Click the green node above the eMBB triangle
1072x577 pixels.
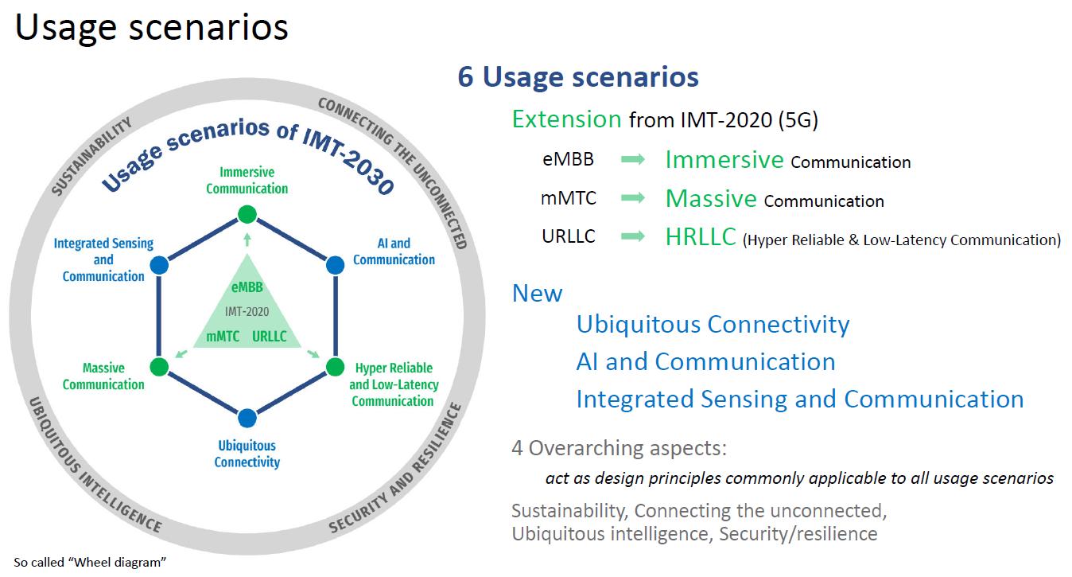click(247, 214)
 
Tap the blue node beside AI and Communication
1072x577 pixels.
click(335, 265)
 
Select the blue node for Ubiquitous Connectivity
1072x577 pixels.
click(247, 418)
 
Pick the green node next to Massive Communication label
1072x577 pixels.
click(159, 367)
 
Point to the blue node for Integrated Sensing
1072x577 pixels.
click(159, 265)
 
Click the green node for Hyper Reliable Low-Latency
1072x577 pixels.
click(335, 367)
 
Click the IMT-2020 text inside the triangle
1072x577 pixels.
click(247, 312)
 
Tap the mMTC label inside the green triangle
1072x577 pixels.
click(223, 336)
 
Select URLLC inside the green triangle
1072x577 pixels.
click(270, 336)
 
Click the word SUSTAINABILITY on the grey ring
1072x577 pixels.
click(91, 156)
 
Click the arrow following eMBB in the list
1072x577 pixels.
click(633, 159)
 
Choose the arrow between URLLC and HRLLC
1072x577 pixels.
click(633, 236)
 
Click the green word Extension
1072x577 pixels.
click(567, 119)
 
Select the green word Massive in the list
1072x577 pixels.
click(711, 198)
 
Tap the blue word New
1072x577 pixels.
click(537, 293)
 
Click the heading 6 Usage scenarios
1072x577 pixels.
click(578, 76)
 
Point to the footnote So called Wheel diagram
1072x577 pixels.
click(90, 562)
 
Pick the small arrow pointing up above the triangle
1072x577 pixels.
click(247, 240)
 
